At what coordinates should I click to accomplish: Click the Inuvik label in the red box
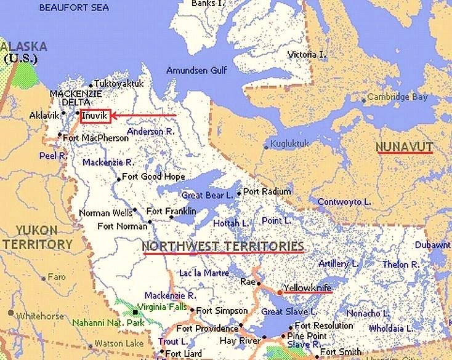95,114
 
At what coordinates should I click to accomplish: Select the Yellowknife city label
308,287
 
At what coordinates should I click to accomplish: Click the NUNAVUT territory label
405,146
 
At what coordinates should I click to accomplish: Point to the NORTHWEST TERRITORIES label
223,246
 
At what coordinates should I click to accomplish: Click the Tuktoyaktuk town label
119,84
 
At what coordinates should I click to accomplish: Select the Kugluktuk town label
291,146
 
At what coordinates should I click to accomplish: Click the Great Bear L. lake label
206,195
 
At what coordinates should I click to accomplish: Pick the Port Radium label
267,191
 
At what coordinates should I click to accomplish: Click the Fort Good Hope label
153,177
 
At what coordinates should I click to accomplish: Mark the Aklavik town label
44,115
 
